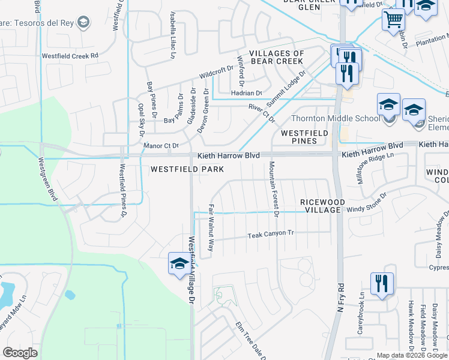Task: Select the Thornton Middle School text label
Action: [x=336, y=118]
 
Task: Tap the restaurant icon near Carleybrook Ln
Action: [x=382, y=283]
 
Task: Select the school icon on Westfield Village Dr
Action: [x=179, y=265]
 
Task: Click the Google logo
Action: [x=20, y=353]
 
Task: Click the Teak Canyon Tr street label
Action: [x=271, y=235]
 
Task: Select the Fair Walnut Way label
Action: [x=211, y=228]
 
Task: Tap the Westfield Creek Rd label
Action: [x=70, y=56]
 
